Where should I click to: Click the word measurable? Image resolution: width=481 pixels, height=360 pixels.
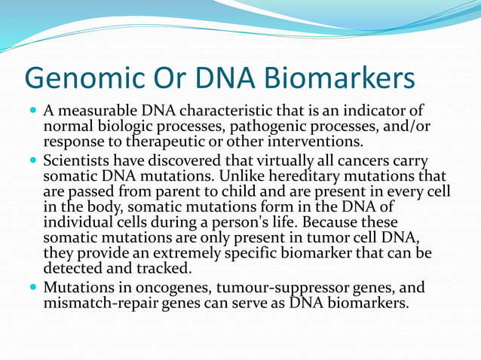click(x=91, y=111)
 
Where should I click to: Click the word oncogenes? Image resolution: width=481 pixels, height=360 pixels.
click(x=149, y=288)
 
